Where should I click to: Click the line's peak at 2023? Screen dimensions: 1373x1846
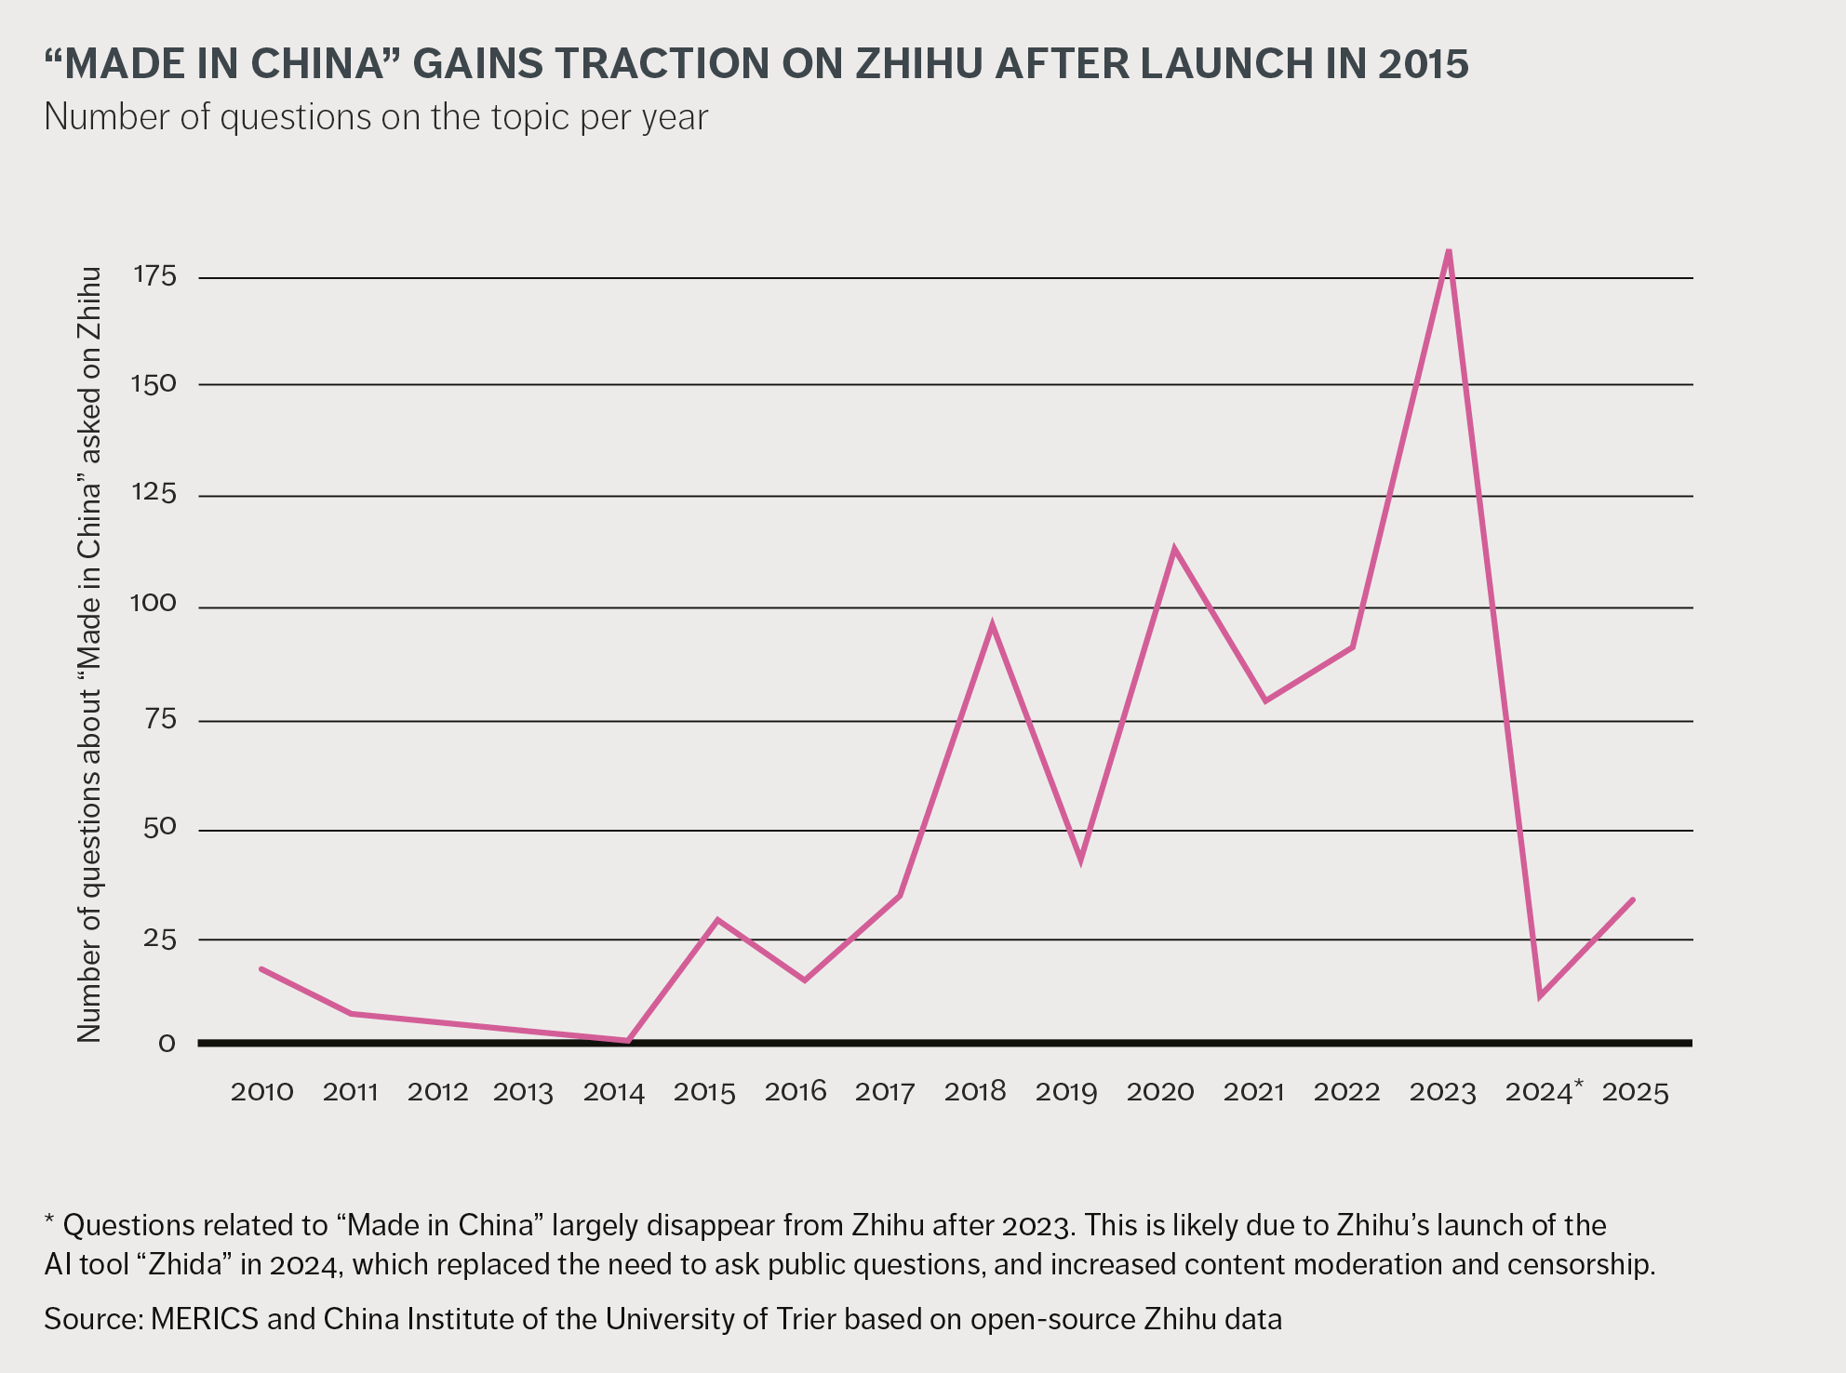pyautogui.click(x=1449, y=251)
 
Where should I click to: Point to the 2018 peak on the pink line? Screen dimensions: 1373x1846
pyautogui.click(x=992, y=624)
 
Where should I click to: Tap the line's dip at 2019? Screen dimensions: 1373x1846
pyautogui.click(x=1080, y=859)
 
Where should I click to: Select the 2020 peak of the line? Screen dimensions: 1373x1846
pyautogui.click(x=1174, y=549)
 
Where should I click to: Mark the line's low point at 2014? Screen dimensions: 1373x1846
pyautogui.click(x=628, y=1041)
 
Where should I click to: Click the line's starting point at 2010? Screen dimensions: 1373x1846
pyautogui.click(x=261, y=969)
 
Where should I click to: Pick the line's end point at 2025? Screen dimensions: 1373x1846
pyautogui.click(x=1633, y=900)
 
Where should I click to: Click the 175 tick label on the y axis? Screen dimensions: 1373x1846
pyautogui.click(x=154, y=276)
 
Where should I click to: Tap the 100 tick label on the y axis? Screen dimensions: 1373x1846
pyautogui.click(x=153, y=605)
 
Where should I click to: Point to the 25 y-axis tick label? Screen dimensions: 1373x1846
pyautogui.click(x=159, y=940)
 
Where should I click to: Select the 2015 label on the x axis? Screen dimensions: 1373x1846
pyautogui.click(x=704, y=1092)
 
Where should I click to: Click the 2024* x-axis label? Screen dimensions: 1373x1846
pyautogui.click(x=1543, y=1092)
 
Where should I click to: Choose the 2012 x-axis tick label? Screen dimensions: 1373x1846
pyautogui.click(x=437, y=1092)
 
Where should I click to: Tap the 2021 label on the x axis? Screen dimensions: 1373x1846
pyautogui.click(x=1253, y=1092)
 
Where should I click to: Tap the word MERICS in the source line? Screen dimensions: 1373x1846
pyautogui.click(x=205, y=1319)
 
